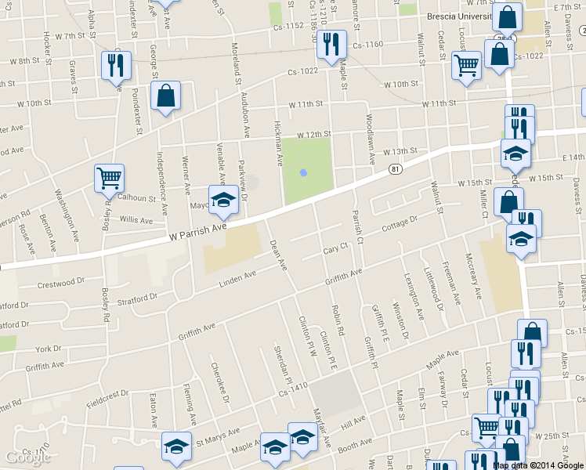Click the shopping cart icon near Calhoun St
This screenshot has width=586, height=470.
click(109, 178)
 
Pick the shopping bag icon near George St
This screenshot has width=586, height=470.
click(166, 96)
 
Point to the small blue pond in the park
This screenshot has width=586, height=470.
click(303, 172)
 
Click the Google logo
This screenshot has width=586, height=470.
click(29, 457)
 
